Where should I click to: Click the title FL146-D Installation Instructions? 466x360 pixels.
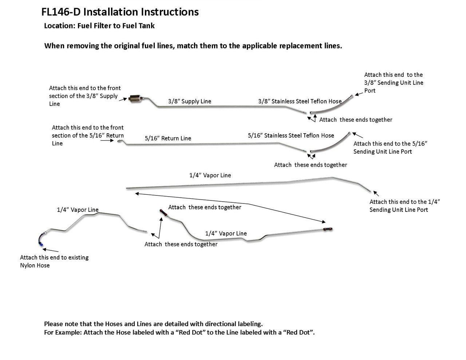pos(120,12)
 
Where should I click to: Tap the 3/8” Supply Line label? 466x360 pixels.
pos(189,102)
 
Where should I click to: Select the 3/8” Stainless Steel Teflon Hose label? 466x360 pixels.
pos(300,102)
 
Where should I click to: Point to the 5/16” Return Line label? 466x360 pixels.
pos(167,138)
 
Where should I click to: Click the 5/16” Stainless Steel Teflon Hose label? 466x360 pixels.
pos(291,135)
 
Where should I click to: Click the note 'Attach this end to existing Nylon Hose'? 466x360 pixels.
pos(54,261)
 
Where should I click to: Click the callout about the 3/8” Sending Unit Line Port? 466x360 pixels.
pos(394,83)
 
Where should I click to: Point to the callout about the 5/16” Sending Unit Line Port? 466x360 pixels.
pos(390,147)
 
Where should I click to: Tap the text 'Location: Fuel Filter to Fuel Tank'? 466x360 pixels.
pos(99,26)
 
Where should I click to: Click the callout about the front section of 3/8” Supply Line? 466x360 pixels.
pos(85,96)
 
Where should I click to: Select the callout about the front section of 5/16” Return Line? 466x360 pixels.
pos(88,135)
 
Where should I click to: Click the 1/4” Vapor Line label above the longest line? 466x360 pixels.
pos(210,175)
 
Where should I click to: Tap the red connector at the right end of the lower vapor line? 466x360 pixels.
pos(328,229)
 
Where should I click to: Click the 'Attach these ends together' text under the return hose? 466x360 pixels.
pos(310,165)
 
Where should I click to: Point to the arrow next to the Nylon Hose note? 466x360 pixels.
pos(51,250)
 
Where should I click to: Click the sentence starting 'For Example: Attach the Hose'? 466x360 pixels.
pos(179,332)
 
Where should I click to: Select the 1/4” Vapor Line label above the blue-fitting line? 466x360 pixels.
pos(78,210)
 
